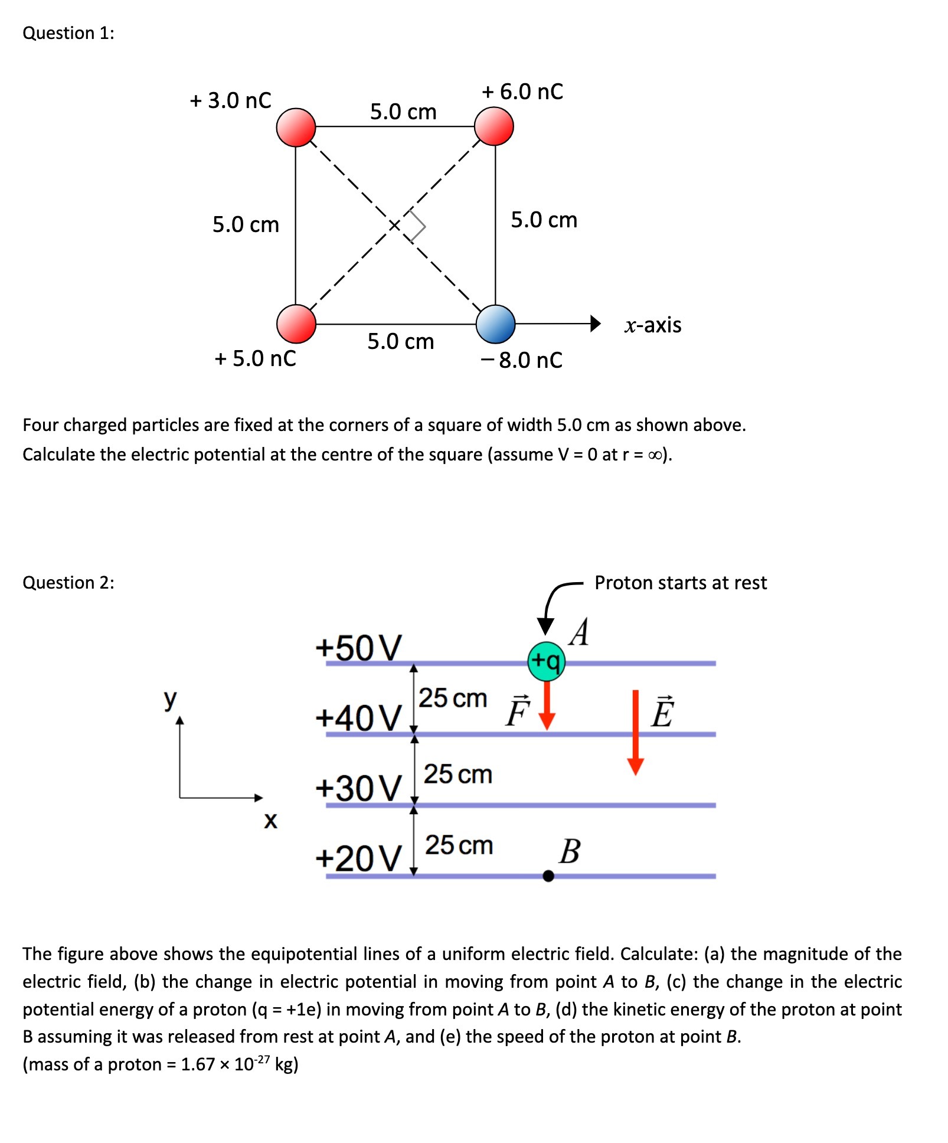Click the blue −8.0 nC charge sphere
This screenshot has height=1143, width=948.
pos(495,324)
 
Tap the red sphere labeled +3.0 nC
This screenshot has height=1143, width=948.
pos(296,127)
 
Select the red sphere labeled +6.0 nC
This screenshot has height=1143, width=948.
pos(494,126)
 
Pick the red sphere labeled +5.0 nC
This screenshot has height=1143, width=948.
pos(296,324)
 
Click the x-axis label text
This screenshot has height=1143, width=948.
pos(653,325)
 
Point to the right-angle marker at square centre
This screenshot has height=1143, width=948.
pos(417,226)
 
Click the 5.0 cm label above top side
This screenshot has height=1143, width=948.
pos(403,112)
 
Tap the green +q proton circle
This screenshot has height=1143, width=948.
pos(546,661)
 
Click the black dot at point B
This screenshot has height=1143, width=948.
pos(548,876)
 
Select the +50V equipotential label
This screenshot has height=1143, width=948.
pos(358,647)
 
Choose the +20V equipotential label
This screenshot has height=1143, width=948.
pos(358,858)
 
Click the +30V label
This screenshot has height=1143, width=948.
pos(358,788)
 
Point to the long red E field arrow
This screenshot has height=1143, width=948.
pos(635,732)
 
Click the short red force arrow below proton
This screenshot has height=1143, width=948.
pos(547,706)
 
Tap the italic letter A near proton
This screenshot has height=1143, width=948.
pos(580,632)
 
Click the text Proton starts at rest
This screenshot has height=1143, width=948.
pos(680,583)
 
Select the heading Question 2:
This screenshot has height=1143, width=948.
pos(68,583)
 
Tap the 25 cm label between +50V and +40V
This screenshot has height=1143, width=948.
pos(453,698)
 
